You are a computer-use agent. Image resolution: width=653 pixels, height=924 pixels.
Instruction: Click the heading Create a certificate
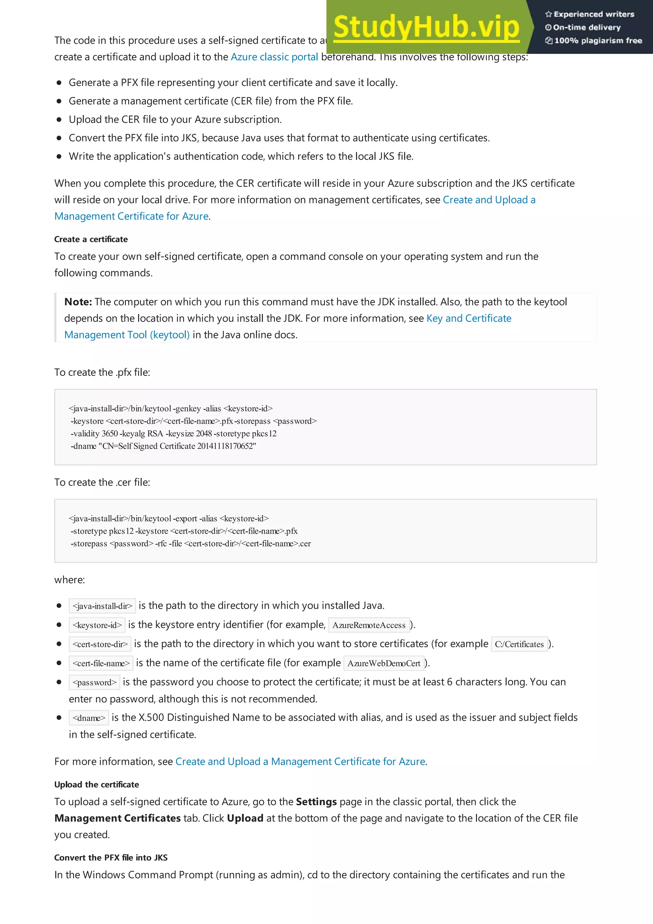[x=91, y=239]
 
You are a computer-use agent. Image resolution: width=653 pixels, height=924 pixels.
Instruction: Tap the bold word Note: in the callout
[x=78, y=302]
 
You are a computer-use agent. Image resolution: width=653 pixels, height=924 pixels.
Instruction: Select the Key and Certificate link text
[x=468, y=318]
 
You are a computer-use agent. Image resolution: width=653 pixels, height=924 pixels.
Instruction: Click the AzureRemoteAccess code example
[x=369, y=625]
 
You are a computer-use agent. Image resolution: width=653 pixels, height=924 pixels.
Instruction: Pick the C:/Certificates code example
[x=519, y=644]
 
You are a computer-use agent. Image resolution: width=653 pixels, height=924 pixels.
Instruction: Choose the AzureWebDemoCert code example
[x=384, y=663]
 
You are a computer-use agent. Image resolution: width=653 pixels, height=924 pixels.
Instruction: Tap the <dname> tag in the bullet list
[x=89, y=718]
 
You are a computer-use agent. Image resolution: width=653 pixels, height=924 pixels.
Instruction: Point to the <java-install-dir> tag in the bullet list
[x=102, y=606]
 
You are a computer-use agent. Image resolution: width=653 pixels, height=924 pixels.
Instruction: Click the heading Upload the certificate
[x=97, y=784]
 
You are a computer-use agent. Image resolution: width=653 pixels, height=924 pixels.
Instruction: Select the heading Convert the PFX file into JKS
[x=111, y=858]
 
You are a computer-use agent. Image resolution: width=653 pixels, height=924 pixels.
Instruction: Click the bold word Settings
[x=316, y=802]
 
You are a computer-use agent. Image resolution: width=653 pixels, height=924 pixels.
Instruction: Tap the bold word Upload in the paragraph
[x=245, y=818]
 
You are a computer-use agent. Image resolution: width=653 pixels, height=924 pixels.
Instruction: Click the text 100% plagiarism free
[x=598, y=40]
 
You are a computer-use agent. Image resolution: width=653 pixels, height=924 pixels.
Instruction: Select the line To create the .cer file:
[x=102, y=482]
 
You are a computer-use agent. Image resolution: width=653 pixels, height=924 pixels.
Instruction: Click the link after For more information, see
[x=300, y=761]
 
